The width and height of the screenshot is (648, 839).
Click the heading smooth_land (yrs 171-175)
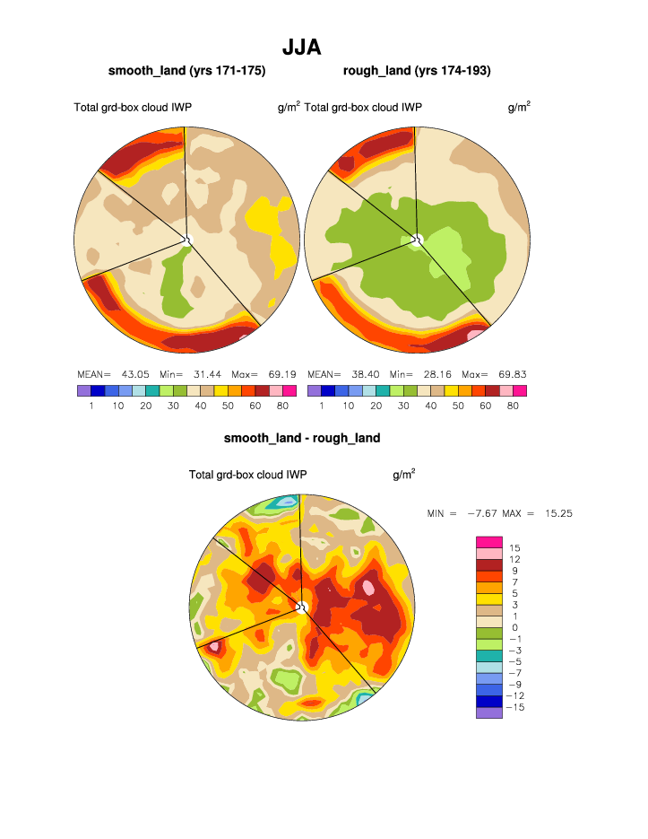(186, 70)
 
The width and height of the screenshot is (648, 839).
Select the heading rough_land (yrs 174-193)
(417, 70)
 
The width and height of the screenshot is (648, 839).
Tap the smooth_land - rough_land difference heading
(302, 438)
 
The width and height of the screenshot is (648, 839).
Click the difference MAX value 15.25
(558, 513)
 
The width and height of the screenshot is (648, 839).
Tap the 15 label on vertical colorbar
(514, 547)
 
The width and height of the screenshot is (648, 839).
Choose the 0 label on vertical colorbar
(514, 627)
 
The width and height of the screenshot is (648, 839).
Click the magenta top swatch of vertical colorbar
(489, 541)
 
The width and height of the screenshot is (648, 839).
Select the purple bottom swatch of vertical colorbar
(489, 712)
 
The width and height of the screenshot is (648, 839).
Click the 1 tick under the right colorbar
(321, 406)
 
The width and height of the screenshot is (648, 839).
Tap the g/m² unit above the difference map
(403, 474)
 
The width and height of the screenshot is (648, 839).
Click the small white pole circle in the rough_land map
(417, 239)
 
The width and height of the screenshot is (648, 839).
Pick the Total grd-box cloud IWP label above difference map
(248, 475)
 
